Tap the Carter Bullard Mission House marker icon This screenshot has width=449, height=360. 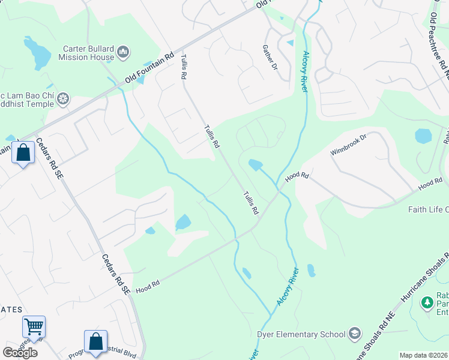124,53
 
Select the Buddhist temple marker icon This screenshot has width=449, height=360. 63,98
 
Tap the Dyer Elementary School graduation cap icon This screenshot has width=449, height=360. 355,334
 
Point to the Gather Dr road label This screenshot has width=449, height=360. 270,58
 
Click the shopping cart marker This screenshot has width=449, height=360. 34,327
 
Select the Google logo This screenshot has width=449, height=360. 20,353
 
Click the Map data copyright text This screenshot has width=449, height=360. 424,355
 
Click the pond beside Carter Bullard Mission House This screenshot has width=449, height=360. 40,53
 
